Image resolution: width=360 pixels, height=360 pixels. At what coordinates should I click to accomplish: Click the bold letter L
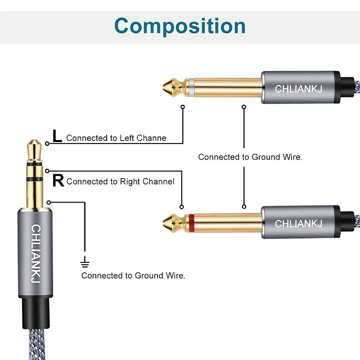point(57,136)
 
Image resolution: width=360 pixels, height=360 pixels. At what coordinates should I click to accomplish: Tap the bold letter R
point(58,181)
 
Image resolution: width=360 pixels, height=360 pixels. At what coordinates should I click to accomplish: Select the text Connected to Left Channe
point(116,138)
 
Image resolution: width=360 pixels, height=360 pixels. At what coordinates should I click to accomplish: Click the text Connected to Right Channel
point(120,182)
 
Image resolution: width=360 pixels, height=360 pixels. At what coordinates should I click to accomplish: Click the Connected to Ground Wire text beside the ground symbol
point(133,275)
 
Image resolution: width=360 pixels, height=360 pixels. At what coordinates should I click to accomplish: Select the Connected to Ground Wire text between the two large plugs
point(250,157)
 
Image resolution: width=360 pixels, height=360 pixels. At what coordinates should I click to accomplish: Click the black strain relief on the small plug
point(36,313)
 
